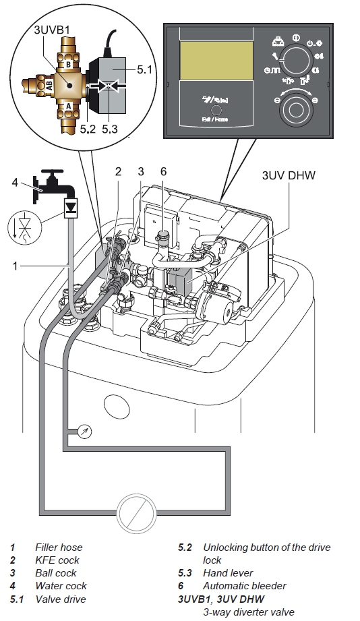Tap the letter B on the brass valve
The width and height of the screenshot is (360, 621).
click(68, 64)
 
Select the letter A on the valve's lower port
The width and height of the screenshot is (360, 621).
click(68, 106)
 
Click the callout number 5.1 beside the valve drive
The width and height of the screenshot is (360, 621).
click(144, 69)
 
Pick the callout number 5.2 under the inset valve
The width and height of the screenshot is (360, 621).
click(88, 129)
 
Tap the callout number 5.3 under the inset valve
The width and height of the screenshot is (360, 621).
click(110, 129)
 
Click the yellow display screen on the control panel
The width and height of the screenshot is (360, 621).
click(216, 61)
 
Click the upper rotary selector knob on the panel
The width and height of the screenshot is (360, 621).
click(295, 59)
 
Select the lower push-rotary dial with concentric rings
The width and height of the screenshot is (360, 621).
click(295, 109)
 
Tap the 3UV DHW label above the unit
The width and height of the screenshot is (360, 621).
click(289, 175)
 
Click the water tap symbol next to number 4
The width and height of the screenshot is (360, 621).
click(53, 185)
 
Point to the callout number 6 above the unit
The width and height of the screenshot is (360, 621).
click(163, 171)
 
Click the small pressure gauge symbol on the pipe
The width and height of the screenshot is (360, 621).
click(85, 432)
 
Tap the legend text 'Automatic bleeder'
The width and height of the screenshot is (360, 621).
click(244, 586)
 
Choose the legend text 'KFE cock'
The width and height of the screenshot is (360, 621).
click(57, 560)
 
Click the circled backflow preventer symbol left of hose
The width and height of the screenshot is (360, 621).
click(24, 228)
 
